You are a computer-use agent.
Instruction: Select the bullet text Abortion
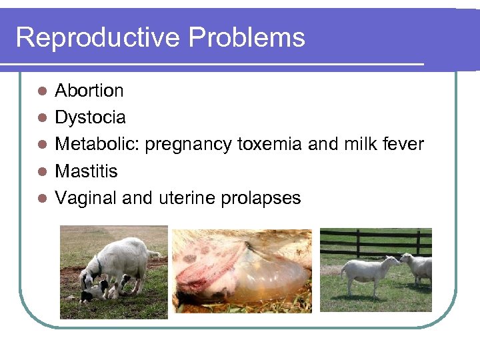pyautogui.click(x=89, y=90)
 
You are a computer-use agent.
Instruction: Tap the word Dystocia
pyautogui.click(x=90, y=117)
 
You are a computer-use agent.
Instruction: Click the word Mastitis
pyautogui.click(x=86, y=171)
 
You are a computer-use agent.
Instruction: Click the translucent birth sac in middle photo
pyautogui.click(x=267, y=277)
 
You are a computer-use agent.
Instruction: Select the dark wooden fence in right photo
pyautogui.click(x=373, y=243)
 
